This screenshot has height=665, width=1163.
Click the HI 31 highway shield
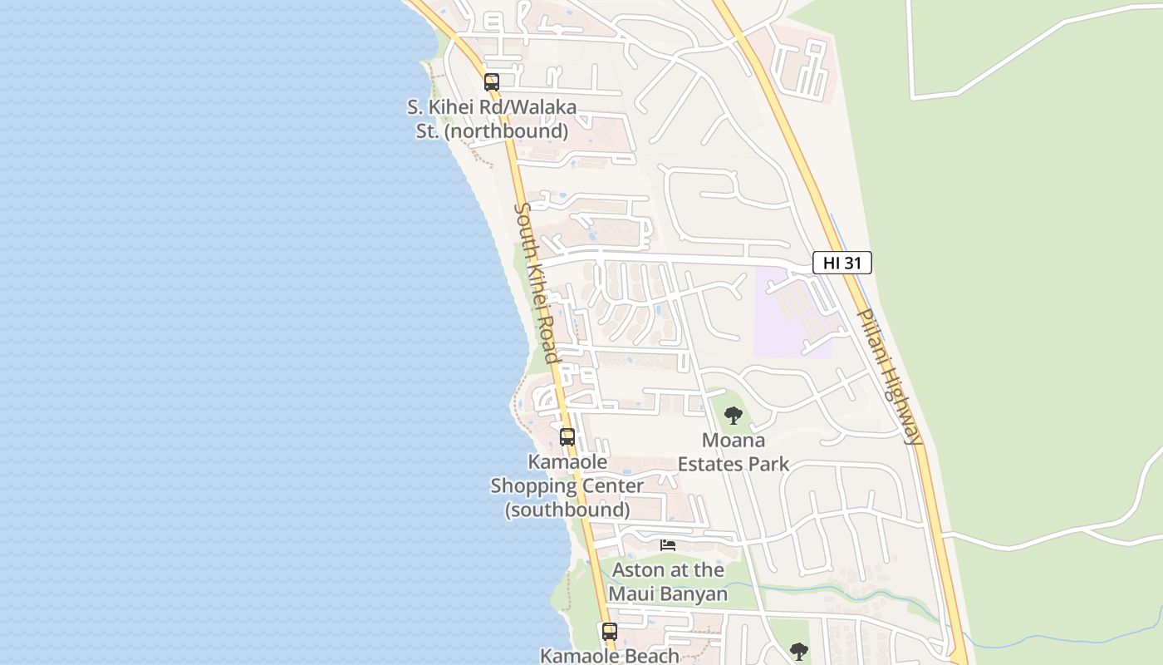point(842,264)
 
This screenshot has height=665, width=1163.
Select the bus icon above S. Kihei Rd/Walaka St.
point(492,82)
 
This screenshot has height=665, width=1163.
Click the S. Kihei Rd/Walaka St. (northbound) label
point(492,120)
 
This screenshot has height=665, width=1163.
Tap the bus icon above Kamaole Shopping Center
point(567,437)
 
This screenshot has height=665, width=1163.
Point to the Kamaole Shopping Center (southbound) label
point(567,485)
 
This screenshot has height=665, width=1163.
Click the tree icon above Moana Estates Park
point(733,416)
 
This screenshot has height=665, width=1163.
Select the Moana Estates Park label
point(734,452)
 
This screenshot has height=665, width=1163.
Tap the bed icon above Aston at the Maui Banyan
point(668,545)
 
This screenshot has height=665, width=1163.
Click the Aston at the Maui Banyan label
point(668,582)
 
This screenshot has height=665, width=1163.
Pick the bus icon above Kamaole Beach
point(610,632)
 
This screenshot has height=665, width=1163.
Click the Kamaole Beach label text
point(610,656)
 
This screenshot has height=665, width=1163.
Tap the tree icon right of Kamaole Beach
point(798,651)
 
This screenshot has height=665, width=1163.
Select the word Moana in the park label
point(734,441)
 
